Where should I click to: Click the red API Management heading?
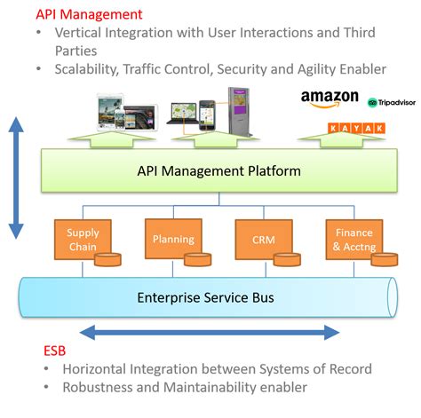point(89,14)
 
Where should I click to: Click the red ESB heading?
point(54,351)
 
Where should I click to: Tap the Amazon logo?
point(330,99)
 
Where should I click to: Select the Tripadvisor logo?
point(392,103)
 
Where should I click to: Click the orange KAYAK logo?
point(356,128)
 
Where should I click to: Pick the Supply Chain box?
point(83,240)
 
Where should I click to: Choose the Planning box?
point(173,239)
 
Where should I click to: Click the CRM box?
point(264,240)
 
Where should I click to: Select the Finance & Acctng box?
point(354,240)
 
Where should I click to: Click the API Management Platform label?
point(219,171)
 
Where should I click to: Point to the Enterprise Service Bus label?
point(205,297)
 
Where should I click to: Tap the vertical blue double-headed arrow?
point(16,177)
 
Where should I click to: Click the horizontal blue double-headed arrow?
point(210,333)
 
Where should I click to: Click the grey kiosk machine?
point(239,112)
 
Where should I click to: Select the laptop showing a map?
point(182,114)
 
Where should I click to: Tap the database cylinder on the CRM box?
point(287,259)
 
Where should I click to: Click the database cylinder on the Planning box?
point(198,259)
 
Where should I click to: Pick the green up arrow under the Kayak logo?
point(342,139)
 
